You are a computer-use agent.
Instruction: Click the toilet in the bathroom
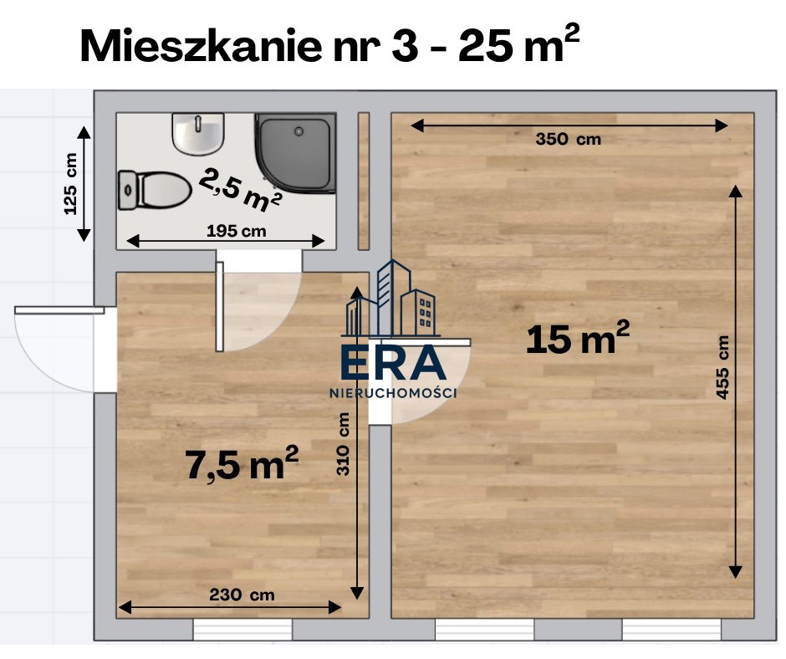(x=155, y=191)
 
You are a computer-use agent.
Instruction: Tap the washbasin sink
(x=198, y=134)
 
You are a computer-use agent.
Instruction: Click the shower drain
(x=299, y=131)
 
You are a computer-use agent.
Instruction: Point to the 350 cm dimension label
(x=568, y=139)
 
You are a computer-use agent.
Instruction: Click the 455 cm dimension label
(x=722, y=367)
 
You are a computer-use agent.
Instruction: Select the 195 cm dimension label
(x=236, y=231)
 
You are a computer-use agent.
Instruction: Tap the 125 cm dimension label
(x=71, y=183)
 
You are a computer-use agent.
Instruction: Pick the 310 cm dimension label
(x=343, y=444)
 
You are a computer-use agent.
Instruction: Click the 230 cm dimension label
(x=242, y=595)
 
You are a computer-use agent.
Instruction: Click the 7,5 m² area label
(x=242, y=463)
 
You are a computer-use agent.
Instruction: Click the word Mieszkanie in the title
(x=201, y=46)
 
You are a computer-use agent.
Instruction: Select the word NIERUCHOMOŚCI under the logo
(x=393, y=393)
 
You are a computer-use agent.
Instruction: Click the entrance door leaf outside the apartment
(x=59, y=310)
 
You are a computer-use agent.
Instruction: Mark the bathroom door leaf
(x=220, y=306)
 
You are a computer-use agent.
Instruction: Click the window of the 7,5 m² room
(x=242, y=630)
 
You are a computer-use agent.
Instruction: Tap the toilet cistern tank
(x=128, y=191)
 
